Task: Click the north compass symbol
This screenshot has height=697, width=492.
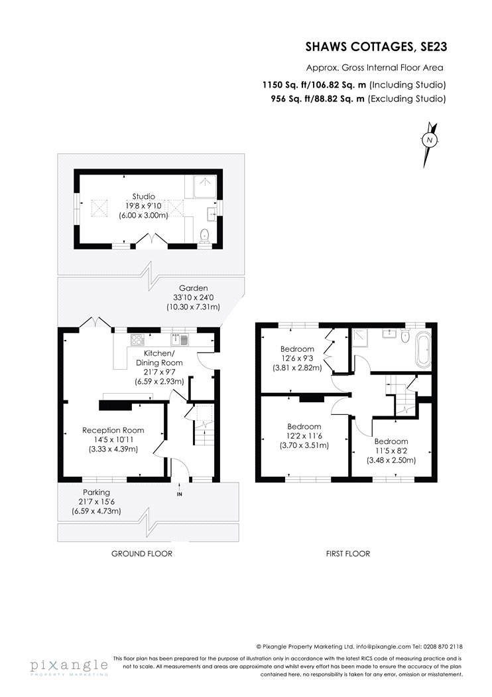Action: point(430,141)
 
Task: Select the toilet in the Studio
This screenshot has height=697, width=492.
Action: point(205,234)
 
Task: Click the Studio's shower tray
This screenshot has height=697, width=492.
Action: point(206,186)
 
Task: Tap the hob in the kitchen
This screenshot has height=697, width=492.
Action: point(138,339)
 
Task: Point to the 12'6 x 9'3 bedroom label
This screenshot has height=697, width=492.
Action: point(296,358)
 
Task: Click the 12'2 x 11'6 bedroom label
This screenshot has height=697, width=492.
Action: point(304,436)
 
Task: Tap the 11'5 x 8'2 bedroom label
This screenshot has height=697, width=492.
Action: point(391,450)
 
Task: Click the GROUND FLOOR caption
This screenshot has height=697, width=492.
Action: point(141,553)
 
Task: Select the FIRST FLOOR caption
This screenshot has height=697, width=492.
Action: point(348,553)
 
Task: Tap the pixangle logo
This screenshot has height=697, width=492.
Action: point(68,666)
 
